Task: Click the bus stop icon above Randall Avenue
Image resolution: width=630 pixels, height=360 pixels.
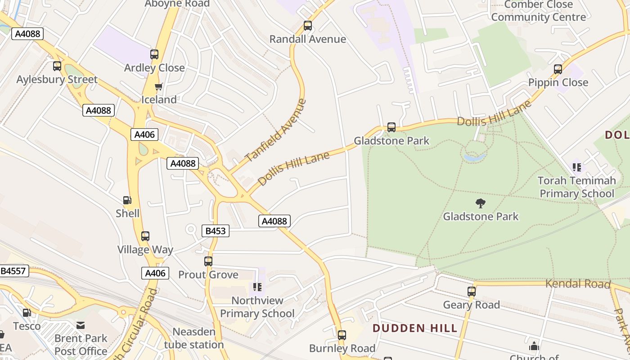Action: coord(308,26)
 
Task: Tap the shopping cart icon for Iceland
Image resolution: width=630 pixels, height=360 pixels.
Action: coord(158,87)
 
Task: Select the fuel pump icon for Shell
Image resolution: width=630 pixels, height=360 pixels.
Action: coord(127,200)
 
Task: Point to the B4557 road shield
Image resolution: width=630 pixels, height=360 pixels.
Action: coord(14,271)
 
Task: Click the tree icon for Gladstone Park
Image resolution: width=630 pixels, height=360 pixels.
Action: coord(481,203)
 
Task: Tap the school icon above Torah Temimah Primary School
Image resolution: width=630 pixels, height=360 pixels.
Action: coord(577,168)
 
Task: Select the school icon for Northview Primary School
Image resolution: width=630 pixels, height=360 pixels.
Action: coord(257,287)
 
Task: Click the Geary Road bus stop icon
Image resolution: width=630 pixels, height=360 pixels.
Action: coord(471,292)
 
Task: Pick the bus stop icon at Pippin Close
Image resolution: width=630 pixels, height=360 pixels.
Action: coord(558,69)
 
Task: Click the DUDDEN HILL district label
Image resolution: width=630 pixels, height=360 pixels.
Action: coord(415,328)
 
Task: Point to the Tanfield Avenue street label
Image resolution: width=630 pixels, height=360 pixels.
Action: coord(276,130)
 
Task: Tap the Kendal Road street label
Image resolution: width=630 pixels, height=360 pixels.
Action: coord(578,284)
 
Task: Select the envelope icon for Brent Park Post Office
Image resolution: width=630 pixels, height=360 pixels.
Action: coord(81,325)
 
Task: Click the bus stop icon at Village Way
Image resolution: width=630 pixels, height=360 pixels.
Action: coord(145,236)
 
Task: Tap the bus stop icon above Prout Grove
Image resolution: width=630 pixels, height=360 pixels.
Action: coord(208,261)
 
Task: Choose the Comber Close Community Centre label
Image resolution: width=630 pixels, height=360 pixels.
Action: coord(538,11)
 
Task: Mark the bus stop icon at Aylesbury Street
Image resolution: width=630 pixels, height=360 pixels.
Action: coord(57,66)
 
